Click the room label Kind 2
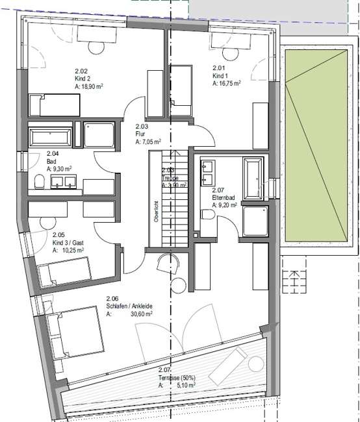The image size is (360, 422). point(83,78)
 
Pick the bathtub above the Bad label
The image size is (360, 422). point(50,137)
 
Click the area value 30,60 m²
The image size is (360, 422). point(140,314)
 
